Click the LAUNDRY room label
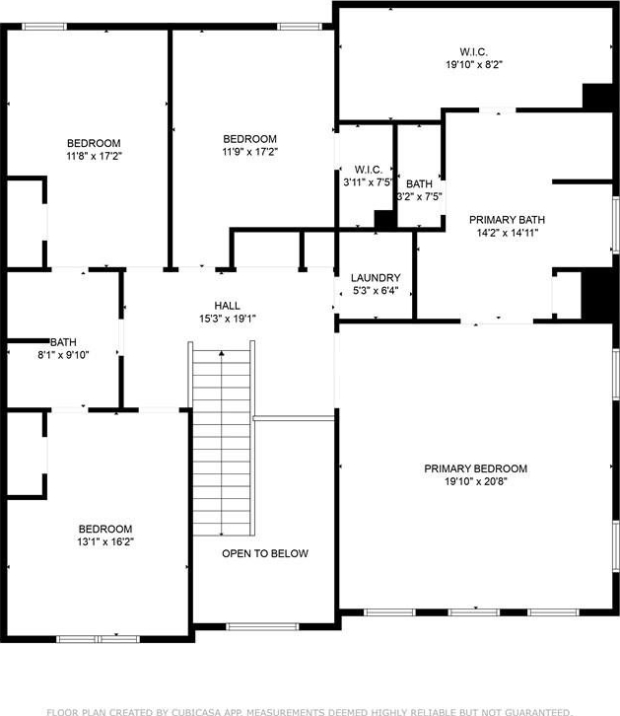tap(376, 278)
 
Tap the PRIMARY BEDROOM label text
tap(476, 468)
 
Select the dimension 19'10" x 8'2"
tap(474, 64)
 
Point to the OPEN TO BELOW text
tap(265, 553)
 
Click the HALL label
tap(227, 306)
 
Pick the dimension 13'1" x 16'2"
tap(105, 541)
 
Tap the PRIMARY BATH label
tap(508, 220)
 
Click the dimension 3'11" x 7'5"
tap(368, 182)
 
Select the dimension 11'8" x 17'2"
tap(94, 156)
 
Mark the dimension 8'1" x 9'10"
tap(63, 354)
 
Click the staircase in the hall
tap(222, 438)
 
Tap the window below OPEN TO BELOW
tap(263, 626)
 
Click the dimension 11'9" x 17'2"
tap(250, 152)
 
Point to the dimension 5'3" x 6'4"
tap(376, 290)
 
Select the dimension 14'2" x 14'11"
tap(508, 233)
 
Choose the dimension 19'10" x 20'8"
tap(476, 481)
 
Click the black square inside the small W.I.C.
tap(384, 219)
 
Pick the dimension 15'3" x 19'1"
tap(227, 319)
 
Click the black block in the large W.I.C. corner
tap(597, 97)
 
